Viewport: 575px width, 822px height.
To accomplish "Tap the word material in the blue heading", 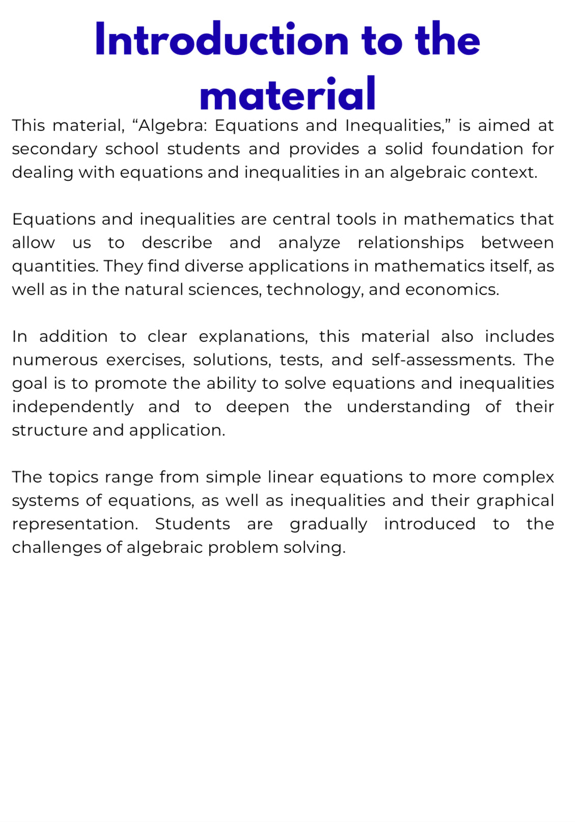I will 288,95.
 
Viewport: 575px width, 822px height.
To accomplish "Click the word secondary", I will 54,149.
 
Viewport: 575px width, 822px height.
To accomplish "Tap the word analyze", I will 309,243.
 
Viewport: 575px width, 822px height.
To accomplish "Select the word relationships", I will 410,243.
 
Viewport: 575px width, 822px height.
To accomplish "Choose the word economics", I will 452,289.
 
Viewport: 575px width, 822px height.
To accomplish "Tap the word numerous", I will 54,360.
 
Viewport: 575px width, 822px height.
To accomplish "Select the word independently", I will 73,407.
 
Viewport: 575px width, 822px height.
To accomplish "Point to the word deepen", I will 258,407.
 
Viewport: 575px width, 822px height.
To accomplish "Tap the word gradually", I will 328,524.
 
